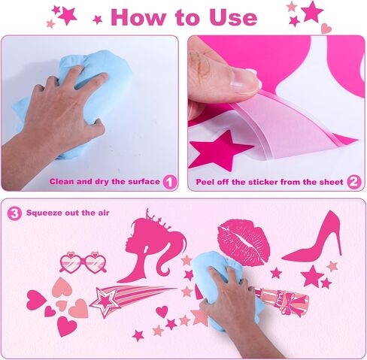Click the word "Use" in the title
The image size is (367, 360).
click(x=233, y=17)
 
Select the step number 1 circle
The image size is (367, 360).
click(x=170, y=182)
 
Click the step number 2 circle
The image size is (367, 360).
click(x=354, y=182)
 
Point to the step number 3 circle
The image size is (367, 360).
click(x=14, y=213)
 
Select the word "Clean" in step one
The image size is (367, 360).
click(x=62, y=181)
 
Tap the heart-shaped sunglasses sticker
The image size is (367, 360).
click(x=83, y=262)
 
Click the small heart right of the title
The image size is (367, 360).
click(x=326, y=28)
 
